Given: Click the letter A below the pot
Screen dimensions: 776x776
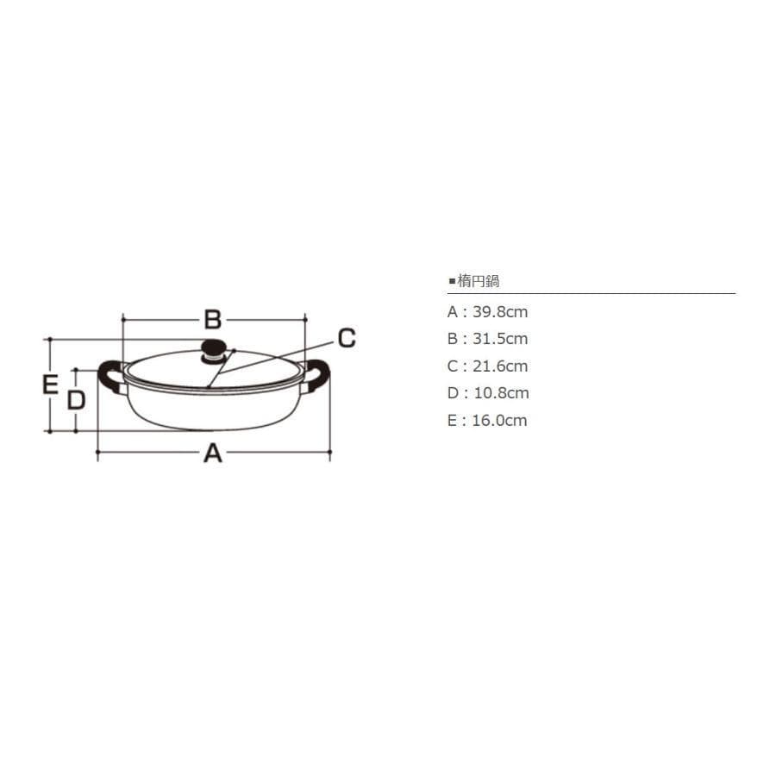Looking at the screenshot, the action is pos(213,453).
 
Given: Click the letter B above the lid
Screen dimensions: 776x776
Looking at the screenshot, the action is pos(213,320).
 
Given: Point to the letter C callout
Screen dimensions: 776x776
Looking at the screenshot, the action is pos(347,338).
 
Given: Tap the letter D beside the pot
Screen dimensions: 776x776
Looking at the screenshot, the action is pos(76,400).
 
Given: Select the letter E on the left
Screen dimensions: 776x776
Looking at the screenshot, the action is pos(50,385).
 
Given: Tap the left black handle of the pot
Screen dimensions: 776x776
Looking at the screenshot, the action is pos(110,376).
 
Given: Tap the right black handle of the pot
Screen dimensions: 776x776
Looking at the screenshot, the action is pos(317,376).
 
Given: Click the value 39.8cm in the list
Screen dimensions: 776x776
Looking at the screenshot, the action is pos(500,312).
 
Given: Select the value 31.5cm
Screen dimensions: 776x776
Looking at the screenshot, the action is pos(500,339).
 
